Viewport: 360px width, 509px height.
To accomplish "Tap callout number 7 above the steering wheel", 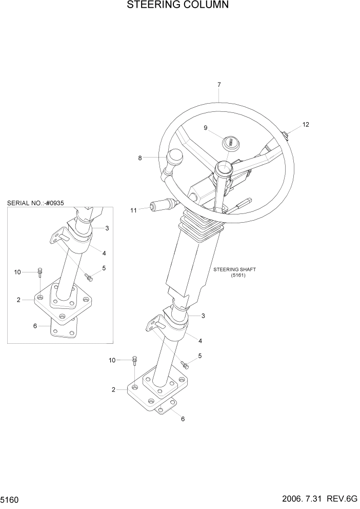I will (x=219, y=84).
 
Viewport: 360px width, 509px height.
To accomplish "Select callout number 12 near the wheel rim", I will (x=306, y=125).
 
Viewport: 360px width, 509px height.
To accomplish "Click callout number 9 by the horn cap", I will (x=206, y=128).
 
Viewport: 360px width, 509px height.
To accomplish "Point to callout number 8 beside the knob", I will (x=140, y=158).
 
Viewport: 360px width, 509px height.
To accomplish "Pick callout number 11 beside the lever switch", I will (x=133, y=210).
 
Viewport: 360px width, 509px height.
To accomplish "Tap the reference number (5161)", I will (x=239, y=275).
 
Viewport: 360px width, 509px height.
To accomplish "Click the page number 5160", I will (x=11, y=499).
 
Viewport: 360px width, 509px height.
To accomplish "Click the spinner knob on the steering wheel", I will (x=176, y=155).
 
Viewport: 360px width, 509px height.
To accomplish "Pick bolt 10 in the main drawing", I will (x=134, y=360).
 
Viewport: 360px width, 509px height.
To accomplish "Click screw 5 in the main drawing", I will (x=185, y=365).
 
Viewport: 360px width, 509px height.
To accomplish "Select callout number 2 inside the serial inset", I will (x=18, y=300).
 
